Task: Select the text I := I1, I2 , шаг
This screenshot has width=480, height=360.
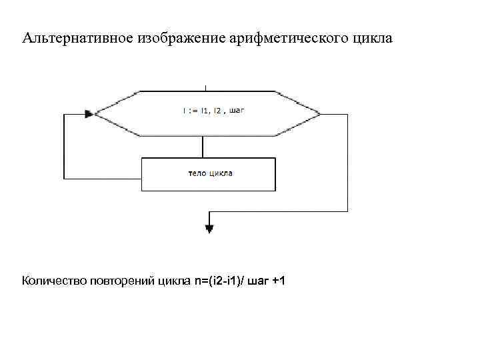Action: [x=214, y=112]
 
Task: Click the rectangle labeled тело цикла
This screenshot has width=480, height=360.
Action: [x=209, y=174]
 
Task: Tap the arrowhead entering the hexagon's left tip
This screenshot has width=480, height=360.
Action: [x=90, y=114]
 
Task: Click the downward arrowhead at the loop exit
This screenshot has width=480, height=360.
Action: [x=209, y=229]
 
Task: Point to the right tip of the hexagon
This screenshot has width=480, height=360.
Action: [x=318, y=114]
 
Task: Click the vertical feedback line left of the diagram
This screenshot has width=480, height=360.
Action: [x=64, y=147]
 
